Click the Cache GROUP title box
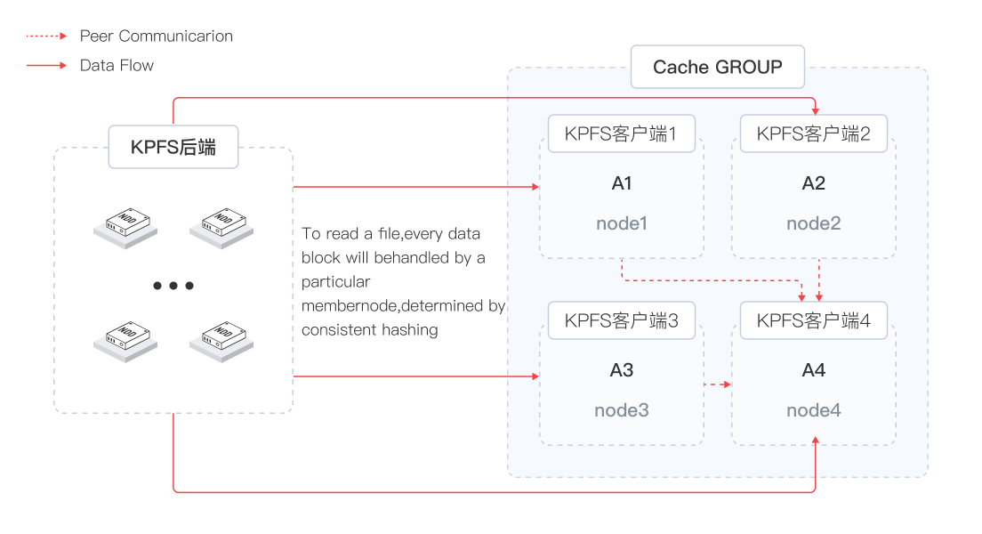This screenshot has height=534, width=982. [717, 67]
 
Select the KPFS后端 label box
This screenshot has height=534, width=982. [173, 148]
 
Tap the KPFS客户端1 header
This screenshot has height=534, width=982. [621, 134]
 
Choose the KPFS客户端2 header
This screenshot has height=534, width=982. [813, 134]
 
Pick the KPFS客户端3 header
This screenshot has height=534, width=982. [621, 321]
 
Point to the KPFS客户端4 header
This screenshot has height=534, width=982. [813, 321]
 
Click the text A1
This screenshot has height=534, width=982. [622, 183]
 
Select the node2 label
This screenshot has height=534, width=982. [813, 223]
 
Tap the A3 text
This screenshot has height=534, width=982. [622, 370]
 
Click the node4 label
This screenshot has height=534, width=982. [813, 410]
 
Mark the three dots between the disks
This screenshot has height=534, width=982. [173, 286]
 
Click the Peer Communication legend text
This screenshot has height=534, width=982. [156, 36]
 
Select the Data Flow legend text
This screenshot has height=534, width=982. [117, 65]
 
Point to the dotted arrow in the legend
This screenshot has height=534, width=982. [46, 36]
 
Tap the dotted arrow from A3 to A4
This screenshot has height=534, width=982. [717, 384]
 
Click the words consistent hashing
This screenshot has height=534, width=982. [369, 330]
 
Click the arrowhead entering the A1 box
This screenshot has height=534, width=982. [535, 187]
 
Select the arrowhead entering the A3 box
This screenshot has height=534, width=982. [535, 376]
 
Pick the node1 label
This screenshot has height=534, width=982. [622, 223]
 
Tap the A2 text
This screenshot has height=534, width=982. [813, 183]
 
